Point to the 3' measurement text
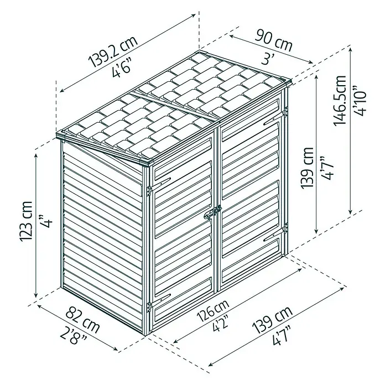268,59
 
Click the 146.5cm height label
340,100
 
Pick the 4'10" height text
359,101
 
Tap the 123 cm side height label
25,221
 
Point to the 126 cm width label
213,310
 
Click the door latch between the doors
213,212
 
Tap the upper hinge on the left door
149,191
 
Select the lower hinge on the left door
149,307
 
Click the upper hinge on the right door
285,112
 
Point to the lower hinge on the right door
285,228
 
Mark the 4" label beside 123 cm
46,221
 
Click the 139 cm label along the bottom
273,319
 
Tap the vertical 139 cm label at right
307,168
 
